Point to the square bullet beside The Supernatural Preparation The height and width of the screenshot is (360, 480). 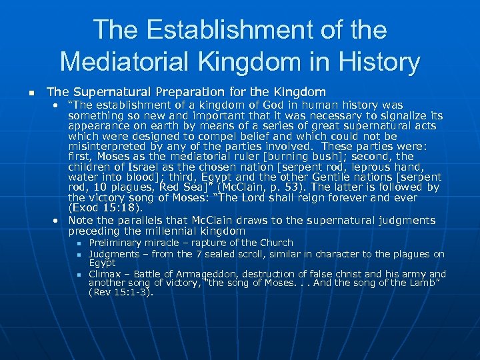(x=23, y=92)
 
